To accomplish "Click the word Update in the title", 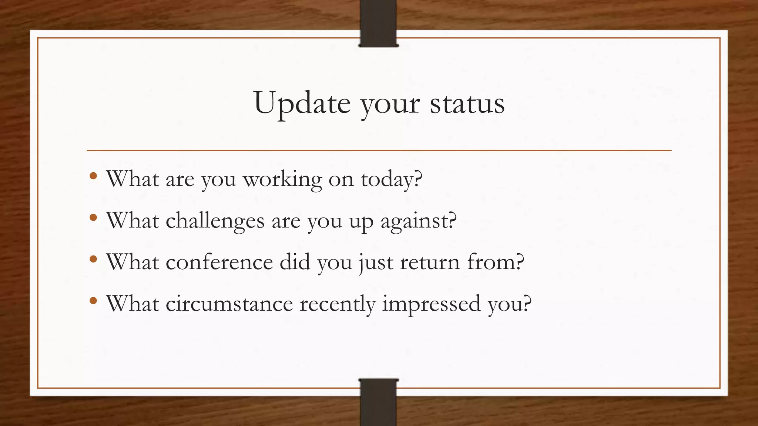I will point(302,104).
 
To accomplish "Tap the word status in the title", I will point(467,104).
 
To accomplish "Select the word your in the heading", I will point(390,105).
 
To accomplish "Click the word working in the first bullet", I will point(282,180).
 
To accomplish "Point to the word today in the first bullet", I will point(391,180).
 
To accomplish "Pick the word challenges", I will point(215,222).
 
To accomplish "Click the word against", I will point(418,222).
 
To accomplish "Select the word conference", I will point(219,263).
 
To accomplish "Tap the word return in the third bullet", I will point(430,263).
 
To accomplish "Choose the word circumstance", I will point(229,304).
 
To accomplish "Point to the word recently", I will point(337,305).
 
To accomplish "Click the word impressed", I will point(431,305).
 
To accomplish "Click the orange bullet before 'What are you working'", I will point(93,176).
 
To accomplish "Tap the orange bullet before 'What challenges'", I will point(93,217).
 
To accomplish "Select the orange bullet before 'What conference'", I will point(93,259).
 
